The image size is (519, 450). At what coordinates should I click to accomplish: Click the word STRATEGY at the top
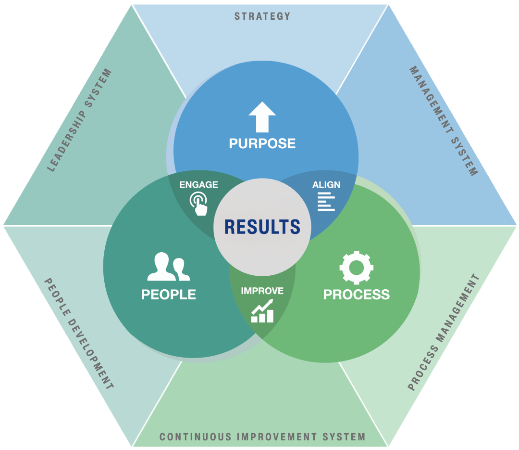tap(262, 16)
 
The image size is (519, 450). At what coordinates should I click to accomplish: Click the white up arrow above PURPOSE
tap(262, 116)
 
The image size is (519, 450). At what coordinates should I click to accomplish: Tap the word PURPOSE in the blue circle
tap(262, 143)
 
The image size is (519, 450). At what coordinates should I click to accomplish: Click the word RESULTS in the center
tap(262, 227)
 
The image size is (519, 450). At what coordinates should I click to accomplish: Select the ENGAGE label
tap(198, 185)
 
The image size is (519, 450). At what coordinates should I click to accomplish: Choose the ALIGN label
tap(326, 185)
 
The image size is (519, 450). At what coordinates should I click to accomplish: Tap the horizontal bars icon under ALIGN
tap(326, 201)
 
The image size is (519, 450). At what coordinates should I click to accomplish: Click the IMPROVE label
tap(262, 291)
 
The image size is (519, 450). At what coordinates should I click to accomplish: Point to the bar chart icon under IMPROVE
tap(262, 311)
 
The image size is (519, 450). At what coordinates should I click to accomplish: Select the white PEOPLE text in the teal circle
tap(169, 294)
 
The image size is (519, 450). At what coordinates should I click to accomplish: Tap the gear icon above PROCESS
tap(356, 267)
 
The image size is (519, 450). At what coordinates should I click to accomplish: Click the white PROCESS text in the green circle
tap(356, 294)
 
